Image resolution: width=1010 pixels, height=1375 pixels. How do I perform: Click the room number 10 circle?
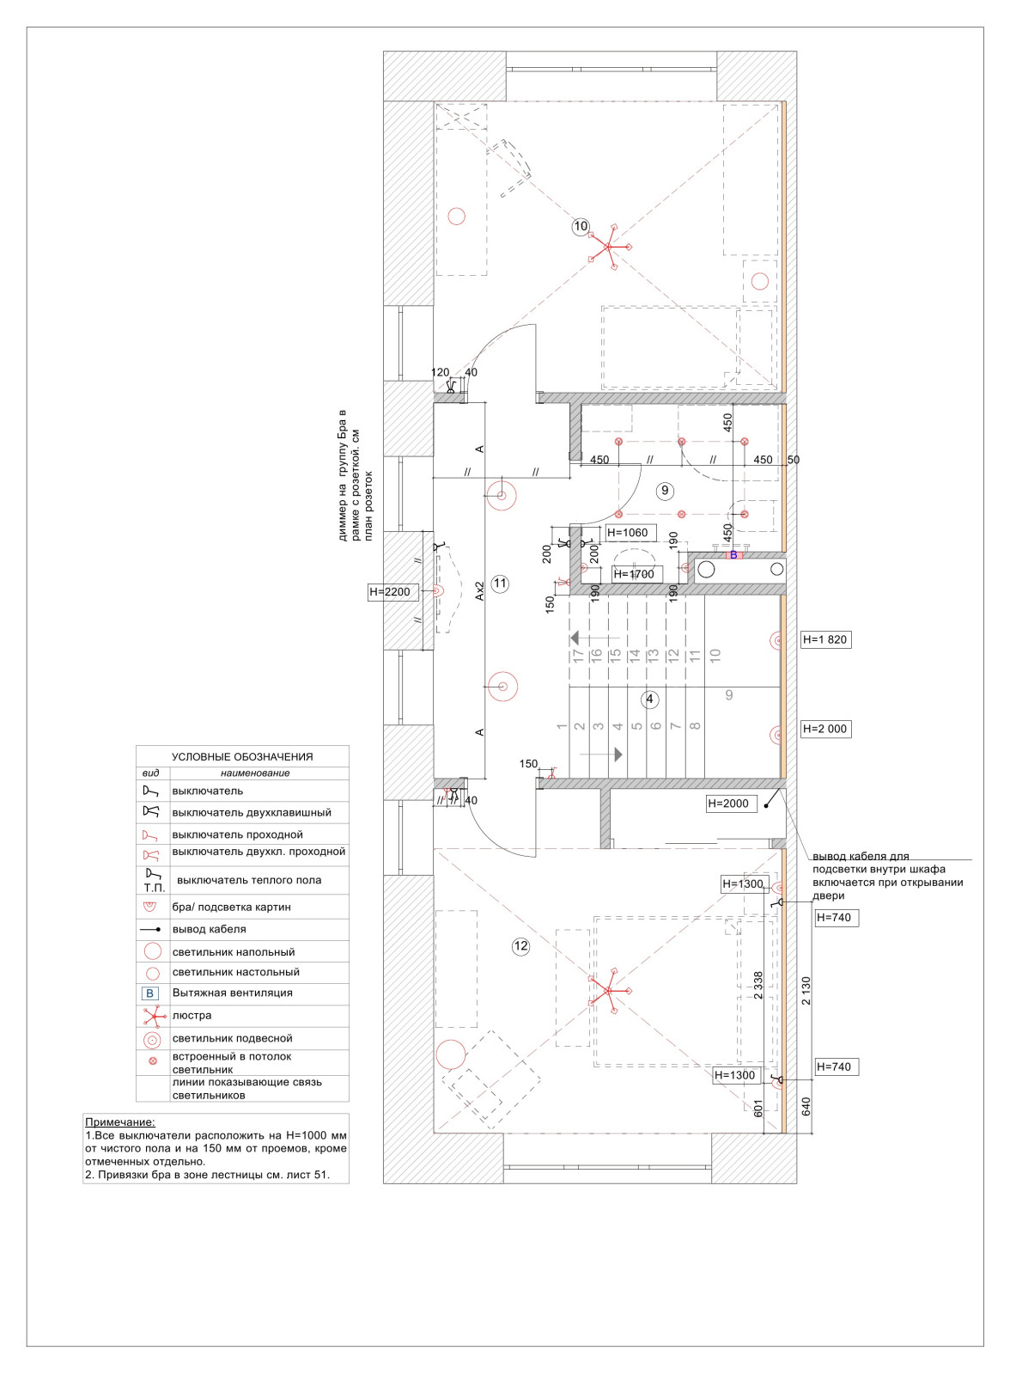[581, 227]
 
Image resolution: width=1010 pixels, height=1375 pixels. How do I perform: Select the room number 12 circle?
[520, 945]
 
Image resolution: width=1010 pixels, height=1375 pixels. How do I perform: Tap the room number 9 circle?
[665, 491]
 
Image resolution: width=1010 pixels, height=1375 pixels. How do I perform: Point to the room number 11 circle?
[500, 584]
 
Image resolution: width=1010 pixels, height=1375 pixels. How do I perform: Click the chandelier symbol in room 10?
[609, 247]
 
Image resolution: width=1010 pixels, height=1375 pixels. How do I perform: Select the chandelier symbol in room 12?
[609, 990]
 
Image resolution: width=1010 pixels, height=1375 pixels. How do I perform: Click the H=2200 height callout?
[393, 592]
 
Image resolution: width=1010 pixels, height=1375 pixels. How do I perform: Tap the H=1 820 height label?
[825, 639]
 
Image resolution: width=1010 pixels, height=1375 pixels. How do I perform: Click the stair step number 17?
[578, 655]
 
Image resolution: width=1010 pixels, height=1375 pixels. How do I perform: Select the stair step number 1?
[561, 726]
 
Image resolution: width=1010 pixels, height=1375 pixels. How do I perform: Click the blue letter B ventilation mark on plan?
[733, 555]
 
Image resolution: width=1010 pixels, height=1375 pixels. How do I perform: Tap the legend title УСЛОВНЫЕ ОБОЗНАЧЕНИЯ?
[242, 757]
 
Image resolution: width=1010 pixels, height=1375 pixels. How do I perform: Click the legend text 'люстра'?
[192, 1015]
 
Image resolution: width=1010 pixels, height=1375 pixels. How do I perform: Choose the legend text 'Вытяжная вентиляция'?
[233, 993]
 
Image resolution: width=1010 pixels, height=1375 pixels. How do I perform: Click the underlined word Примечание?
[120, 1122]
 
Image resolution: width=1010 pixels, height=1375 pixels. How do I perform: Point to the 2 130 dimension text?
[806, 991]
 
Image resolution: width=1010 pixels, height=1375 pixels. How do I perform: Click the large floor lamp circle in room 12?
[450, 1054]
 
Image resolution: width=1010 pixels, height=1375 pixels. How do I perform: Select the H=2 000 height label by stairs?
[825, 729]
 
